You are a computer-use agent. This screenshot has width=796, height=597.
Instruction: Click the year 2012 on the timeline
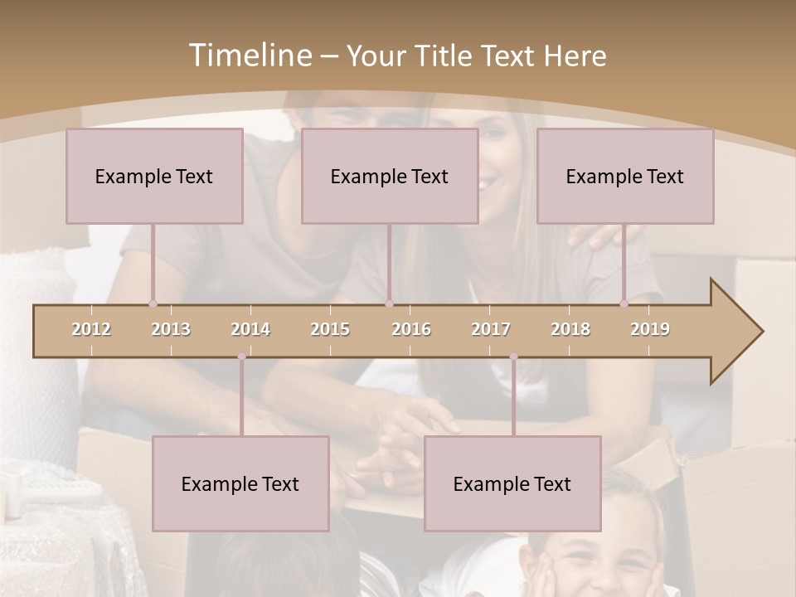pyautogui.click(x=91, y=329)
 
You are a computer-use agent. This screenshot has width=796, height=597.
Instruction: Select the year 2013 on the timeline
pyautogui.click(x=171, y=329)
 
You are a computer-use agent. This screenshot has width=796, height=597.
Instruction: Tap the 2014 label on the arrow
pyautogui.click(x=250, y=329)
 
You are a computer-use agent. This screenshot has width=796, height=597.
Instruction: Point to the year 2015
pyautogui.click(x=330, y=329)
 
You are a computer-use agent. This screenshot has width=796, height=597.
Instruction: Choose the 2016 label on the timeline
pyautogui.click(x=411, y=329)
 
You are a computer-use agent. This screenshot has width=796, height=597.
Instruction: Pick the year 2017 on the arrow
pyautogui.click(x=491, y=329)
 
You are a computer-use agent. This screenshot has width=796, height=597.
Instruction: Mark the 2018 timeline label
pyautogui.click(x=570, y=329)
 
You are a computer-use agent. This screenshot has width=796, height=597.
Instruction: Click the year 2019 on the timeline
pyautogui.click(x=650, y=329)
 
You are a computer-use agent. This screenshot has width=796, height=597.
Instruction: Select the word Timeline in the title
pyautogui.click(x=248, y=56)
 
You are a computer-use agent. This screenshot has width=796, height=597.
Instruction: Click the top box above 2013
pyautogui.click(x=154, y=176)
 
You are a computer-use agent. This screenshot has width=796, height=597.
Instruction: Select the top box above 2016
pyautogui.click(x=390, y=176)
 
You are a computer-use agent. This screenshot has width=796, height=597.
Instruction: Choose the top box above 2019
pyautogui.click(x=625, y=176)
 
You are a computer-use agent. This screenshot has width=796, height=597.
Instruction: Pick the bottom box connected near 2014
pyautogui.click(x=240, y=483)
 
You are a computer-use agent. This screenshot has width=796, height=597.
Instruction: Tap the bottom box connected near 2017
pyautogui.click(x=512, y=483)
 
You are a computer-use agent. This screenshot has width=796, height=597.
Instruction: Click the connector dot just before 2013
pyautogui.click(x=153, y=304)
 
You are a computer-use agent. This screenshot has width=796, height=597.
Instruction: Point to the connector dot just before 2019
pyautogui.click(x=624, y=304)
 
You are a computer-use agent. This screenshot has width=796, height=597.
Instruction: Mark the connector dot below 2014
pyautogui.click(x=241, y=357)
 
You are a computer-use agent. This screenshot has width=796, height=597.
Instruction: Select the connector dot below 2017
pyautogui.click(x=513, y=357)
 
